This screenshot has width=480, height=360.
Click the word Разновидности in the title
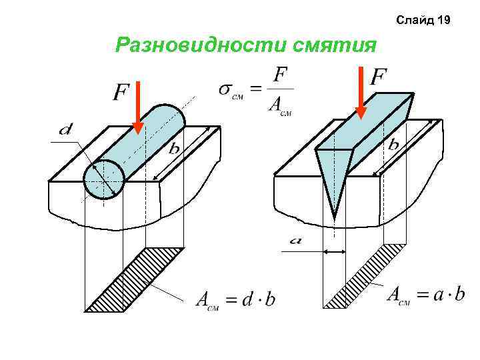point(201,45)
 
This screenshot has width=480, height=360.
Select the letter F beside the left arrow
point(121,93)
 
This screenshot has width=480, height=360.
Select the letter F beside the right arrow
point(379,77)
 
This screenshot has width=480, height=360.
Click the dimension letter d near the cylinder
point(66,130)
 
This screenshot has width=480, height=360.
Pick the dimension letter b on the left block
point(173,149)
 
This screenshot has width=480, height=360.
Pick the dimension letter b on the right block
point(394,144)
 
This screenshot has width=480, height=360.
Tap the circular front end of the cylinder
point(103,179)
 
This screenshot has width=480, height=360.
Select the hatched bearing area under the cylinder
point(137,280)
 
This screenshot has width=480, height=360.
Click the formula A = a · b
point(426,294)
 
